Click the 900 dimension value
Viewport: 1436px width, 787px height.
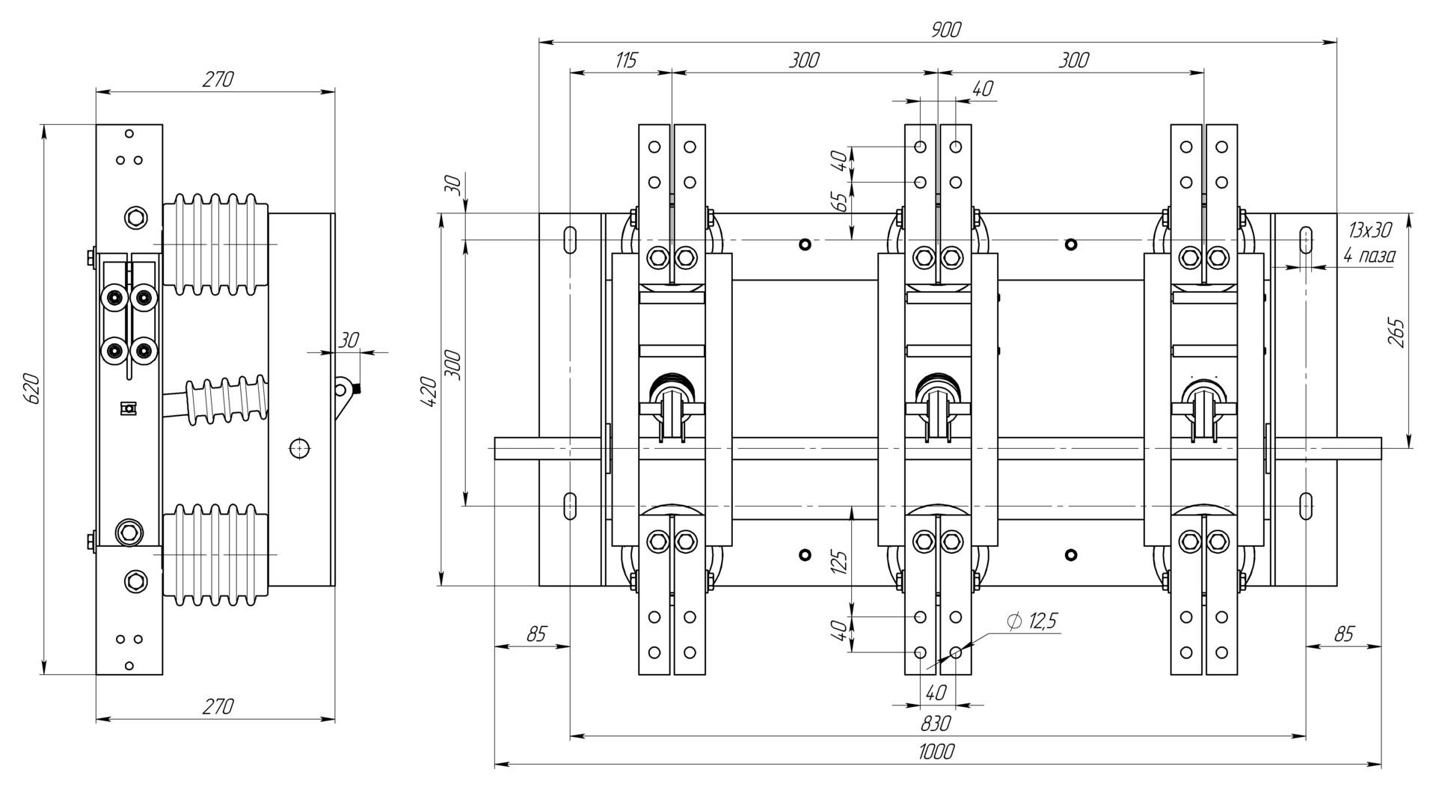coord(945,30)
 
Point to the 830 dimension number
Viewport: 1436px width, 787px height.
coord(935,723)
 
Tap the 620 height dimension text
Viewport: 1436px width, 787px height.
coord(32,389)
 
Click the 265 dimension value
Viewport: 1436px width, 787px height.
coord(1396,333)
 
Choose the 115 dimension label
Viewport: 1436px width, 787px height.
coord(625,60)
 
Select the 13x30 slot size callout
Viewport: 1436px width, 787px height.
coord(1370,230)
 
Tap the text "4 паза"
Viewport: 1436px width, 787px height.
coord(1369,256)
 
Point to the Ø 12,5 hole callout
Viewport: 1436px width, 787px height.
coord(1033,621)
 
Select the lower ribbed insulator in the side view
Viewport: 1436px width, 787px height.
coord(215,554)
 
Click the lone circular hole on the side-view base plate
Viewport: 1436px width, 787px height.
coord(299,448)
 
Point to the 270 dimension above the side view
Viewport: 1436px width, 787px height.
coord(218,79)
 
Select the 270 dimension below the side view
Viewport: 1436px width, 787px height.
coord(218,705)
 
